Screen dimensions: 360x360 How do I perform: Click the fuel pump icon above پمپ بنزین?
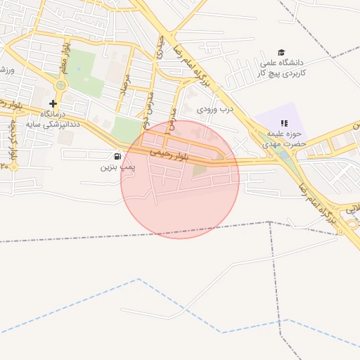pyautogui.click(x=116, y=156)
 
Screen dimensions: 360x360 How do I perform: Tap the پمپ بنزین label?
pyautogui.click(x=116, y=167)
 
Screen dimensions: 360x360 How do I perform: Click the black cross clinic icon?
pyautogui.click(x=53, y=103)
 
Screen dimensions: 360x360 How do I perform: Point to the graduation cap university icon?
pyautogui.click(x=282, y=53)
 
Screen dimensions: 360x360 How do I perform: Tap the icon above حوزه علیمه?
pyautogui.click(x=284, y=123)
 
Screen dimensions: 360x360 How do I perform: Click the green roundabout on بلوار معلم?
pyautogui.click(x=60, y=85)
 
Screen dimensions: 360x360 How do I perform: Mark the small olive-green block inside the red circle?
pyautogui.click(x=200, y=169)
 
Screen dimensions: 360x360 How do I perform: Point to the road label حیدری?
pyautogui.click(x=160, y=49)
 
